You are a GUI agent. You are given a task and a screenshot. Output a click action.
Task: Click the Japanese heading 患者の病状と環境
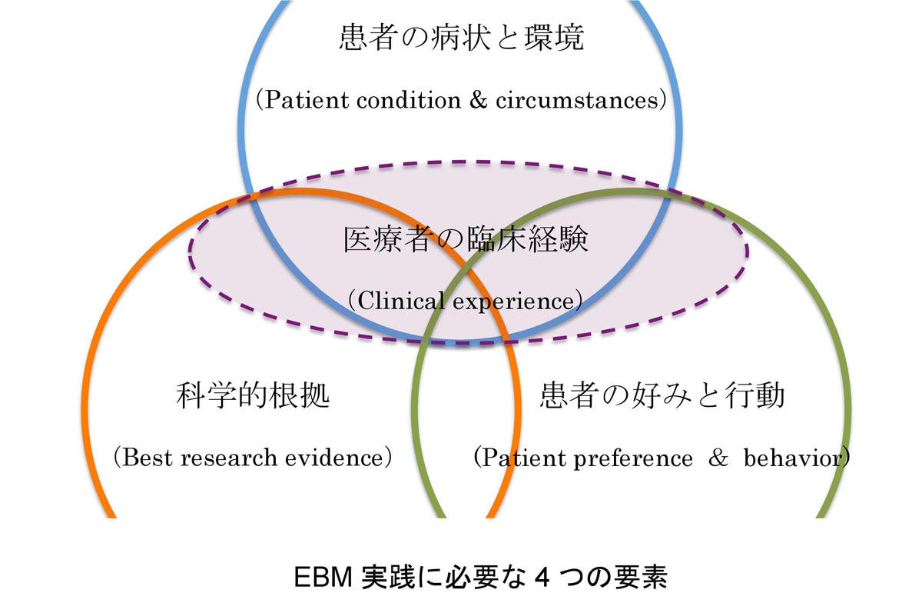[x=461, y=39]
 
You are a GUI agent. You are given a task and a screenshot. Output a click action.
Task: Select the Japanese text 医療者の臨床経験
[x=465, y=240]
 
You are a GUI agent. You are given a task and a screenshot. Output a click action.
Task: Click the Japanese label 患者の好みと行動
[x=662, y=397]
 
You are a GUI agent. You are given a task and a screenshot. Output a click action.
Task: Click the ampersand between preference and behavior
[x=719, y=458]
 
